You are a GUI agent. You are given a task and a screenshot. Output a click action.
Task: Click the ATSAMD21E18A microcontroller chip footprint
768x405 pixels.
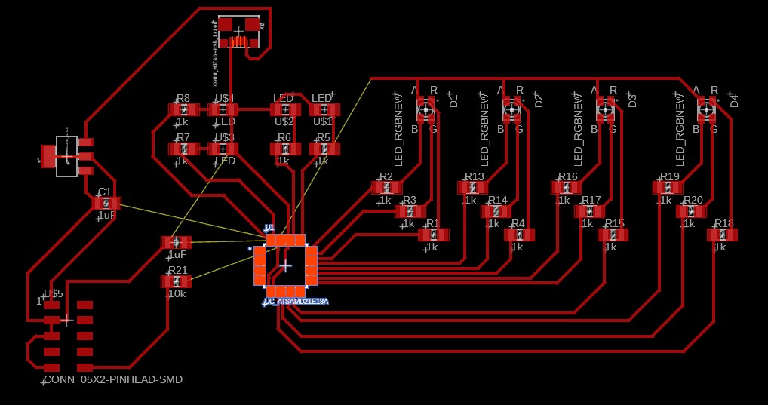pos(285,265)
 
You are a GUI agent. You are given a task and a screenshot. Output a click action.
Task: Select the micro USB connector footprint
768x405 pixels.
pos(239,32)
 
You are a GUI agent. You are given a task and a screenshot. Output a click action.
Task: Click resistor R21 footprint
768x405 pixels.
pos(176,281)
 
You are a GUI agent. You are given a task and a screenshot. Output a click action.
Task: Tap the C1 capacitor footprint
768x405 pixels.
pos(106,203)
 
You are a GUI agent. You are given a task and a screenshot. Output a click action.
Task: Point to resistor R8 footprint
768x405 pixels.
pos(183,110)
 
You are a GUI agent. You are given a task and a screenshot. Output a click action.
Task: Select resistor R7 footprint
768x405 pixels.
pos(183,149)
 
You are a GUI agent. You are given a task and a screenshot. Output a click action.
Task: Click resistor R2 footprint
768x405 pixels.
pos(386,188)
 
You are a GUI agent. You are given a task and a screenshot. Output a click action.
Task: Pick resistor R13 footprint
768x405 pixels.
pos(472,188)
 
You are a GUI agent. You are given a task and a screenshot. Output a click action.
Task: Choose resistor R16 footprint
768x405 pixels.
pos(566,188)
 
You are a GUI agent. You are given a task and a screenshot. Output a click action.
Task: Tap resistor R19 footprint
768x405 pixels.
pos(668,188)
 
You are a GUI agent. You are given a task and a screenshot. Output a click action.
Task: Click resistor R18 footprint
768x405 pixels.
pos(722,235)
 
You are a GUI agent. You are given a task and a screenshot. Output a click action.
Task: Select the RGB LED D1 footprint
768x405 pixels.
pos(426,109)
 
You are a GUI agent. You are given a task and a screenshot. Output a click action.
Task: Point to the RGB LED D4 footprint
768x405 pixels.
pos(707,109)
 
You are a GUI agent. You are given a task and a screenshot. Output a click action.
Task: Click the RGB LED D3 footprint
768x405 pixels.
pos(606,109)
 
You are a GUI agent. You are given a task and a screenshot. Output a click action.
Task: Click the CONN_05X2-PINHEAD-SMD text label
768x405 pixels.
pos(113,379)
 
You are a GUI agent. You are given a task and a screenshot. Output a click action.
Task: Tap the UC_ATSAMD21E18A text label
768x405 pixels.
pos(296,302)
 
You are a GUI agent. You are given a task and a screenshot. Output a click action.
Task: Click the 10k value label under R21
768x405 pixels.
pos(176,294)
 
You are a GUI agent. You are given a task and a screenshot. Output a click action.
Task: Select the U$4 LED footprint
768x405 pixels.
pos(223,110)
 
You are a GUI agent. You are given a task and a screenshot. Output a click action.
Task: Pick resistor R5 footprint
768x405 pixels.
pos(324,149)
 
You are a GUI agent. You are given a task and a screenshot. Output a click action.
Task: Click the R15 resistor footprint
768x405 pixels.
pos(613,235)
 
